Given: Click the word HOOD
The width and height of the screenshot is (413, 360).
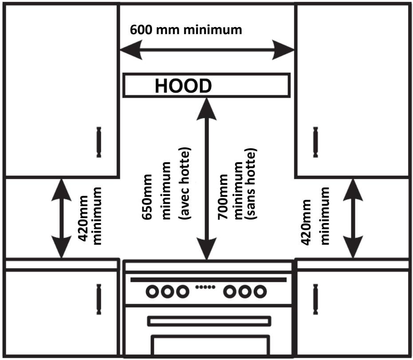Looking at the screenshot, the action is pos(183,86).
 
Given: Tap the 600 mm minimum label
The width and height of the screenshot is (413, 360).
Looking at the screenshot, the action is pos(186,30).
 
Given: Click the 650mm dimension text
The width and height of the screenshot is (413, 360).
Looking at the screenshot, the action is pos(147,196).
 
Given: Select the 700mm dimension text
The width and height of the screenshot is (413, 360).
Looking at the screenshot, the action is pos(223,196).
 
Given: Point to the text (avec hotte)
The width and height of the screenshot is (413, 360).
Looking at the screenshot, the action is pos(185,183).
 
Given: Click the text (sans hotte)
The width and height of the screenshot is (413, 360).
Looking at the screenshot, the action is pos(251,184).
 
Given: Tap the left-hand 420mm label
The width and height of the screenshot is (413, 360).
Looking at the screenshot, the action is pos(83,218).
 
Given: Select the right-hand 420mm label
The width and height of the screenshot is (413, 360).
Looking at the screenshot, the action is pos(306,222).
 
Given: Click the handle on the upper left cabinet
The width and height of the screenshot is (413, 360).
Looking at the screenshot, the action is pos(99,142).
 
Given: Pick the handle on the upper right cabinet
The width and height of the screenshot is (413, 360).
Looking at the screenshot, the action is pos(315,142).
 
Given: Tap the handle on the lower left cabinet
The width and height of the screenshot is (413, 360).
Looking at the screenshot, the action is pos(99,299).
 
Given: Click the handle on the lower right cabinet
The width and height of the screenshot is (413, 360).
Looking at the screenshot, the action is pos(315,299).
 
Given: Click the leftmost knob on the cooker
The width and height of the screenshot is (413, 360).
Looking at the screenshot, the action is pos(152,292).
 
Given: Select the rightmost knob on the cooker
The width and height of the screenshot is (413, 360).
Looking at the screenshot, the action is pos(260,292).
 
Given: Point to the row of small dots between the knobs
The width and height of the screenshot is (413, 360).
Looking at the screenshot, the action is pos(205,287).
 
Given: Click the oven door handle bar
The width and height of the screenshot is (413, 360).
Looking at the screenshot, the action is pos(209,321).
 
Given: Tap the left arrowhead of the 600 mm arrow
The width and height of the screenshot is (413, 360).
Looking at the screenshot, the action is pos(131,50).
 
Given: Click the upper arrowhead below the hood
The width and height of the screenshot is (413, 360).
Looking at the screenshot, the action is pos(207,109).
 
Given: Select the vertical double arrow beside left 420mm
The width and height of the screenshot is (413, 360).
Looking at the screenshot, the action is pos(61,219).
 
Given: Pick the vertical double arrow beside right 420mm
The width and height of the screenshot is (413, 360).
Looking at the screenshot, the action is pos(353,219).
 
